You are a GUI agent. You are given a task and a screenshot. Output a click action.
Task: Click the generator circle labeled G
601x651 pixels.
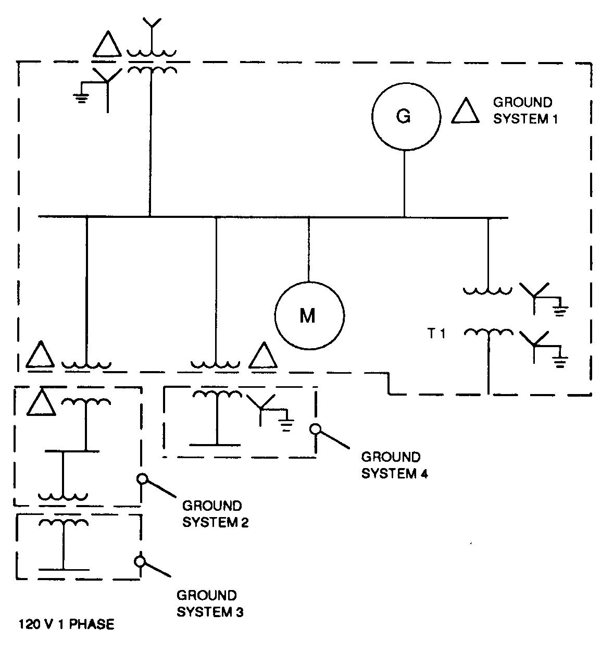(x=405, y=116)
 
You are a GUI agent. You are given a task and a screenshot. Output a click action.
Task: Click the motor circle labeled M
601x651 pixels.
(x=309, y=315)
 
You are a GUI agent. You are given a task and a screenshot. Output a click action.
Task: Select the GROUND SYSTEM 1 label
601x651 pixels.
(x=525, y=110)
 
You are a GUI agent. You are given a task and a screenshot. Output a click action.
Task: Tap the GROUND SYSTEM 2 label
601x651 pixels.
(x=215, y=514)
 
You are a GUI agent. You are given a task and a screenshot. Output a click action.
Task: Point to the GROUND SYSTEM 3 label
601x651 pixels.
(x=209, y=603)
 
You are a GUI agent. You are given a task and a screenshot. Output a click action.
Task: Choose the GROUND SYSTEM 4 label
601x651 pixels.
(x=394, y=465)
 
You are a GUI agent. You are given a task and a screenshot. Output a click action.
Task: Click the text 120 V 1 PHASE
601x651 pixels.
(x=67, y=624)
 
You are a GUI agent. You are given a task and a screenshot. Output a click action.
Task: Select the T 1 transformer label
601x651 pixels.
(x=436, y=333)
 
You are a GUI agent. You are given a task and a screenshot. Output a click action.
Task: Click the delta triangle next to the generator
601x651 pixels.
(x=465, y=112)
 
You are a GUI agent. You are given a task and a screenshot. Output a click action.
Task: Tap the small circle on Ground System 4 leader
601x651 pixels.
(x=315, y=429)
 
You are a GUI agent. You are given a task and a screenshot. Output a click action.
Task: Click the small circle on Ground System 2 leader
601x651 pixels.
(x=141, y=478)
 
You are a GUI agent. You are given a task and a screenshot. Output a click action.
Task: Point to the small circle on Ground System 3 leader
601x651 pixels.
(x=140, y=561)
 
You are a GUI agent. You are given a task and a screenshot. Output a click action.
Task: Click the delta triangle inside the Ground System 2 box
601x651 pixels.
(x=41, y=403)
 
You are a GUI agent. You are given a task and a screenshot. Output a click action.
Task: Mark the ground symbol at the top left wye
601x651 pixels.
(x=81, y=98)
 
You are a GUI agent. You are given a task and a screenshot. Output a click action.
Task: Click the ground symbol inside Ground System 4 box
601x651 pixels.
(x=285, y=425)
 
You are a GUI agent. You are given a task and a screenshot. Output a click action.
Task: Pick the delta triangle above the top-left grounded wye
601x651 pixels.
(x=107, y=45)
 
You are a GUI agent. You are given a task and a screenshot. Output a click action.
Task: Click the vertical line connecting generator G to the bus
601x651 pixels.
(x=405, y=182)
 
